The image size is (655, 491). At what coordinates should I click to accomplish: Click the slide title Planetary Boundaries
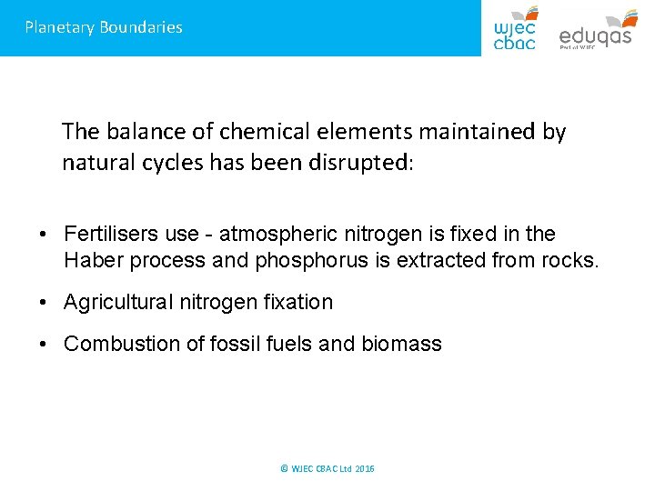click(x=104, y=27)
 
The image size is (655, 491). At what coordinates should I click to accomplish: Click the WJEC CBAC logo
click(x=515, y=27)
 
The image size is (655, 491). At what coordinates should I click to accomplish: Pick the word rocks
click(x=571, y=261)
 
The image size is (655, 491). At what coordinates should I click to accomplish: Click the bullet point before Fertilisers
click(x=44, y=235)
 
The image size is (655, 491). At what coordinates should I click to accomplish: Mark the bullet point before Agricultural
click(x=44, y=303)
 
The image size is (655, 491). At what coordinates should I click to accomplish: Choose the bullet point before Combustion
click(x=44, y=345)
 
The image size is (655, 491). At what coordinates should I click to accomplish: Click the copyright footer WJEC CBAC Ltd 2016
click(x=327, y=468)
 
